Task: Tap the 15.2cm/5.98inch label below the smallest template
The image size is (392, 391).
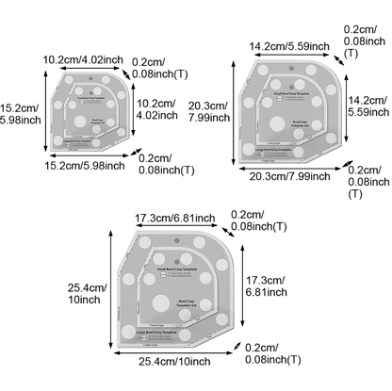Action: (85, 166)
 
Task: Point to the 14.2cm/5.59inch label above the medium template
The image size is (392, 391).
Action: (288, 45)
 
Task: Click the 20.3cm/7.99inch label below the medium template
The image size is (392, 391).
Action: (288, 175)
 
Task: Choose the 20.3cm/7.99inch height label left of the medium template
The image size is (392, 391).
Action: (212, 110)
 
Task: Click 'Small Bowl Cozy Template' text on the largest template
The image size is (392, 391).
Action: (176, 269)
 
